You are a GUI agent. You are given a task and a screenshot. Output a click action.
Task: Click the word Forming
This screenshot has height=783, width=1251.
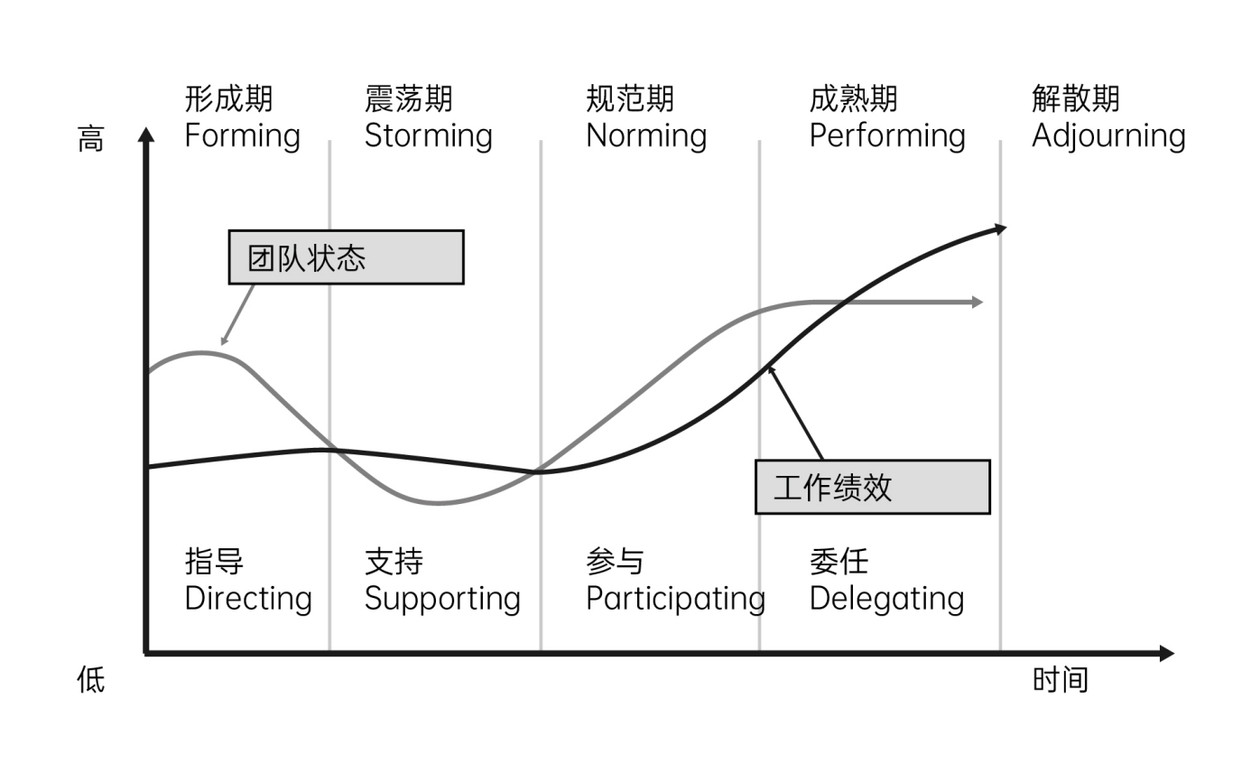(242, 136)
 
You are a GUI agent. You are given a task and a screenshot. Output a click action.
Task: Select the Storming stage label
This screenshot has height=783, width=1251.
(428, 136)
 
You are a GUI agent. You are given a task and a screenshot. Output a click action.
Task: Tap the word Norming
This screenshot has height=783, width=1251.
(646, 136)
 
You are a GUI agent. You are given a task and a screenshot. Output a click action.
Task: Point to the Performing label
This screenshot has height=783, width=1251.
(887, 136)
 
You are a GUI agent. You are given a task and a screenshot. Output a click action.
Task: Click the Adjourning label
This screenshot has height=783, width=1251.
(1108, 136)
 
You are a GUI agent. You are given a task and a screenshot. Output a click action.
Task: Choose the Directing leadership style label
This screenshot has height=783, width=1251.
(248, 599)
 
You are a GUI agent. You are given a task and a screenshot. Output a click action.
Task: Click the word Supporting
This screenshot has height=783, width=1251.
(442, 599)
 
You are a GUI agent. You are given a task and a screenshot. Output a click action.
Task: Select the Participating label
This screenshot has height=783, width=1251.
(675, 599)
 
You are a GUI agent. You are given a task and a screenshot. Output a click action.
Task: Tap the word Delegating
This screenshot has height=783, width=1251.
(886, 599)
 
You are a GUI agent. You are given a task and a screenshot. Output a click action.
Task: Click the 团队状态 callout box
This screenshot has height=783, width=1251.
(346, 257)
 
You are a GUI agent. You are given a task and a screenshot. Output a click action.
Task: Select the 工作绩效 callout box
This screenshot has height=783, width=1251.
(872, 488)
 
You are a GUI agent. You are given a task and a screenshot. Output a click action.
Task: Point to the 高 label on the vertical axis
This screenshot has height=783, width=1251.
(91, 140)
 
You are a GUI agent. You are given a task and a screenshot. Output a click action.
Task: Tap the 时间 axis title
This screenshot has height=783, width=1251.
(1060, 679)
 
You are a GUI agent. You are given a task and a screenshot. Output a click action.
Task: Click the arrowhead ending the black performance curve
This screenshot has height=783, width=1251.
(998, 228)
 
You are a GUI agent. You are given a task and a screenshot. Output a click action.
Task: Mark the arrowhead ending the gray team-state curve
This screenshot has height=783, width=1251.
(977, 303)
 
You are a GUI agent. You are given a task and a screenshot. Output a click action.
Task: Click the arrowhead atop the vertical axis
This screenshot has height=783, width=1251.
(145, 135)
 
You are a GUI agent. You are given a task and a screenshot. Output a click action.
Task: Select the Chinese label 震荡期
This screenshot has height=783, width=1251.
(408, 98)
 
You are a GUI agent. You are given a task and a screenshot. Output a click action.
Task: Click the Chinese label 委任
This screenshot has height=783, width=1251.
(839, 562)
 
